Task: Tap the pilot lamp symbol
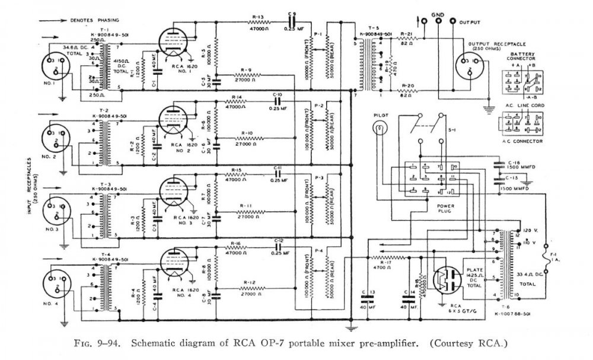coord(378,128)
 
